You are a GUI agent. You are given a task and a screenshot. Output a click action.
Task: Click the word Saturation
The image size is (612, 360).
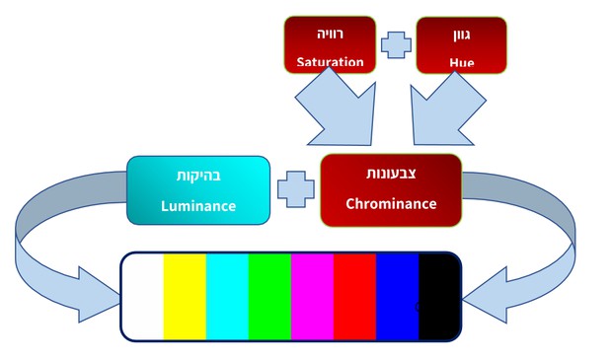click(x=330, y=63)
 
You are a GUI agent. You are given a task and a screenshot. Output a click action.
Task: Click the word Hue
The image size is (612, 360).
click(x=461, y=63)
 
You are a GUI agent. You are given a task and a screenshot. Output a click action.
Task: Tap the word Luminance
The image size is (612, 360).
click(x=198, y=206)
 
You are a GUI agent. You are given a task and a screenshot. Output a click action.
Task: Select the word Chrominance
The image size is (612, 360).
click(x=390, y=204)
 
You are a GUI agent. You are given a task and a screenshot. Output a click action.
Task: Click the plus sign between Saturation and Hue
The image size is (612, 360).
click(x=395, y=44)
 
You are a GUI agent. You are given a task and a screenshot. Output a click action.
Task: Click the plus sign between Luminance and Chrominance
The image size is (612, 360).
click(x=294, y=189)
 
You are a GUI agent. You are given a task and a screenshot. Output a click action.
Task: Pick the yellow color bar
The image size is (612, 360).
click(x=185, y=295)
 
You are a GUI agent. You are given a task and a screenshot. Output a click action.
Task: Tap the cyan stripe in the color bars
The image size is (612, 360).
click(x=227, y=295)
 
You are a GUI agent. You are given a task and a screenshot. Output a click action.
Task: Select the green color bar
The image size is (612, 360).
click(x=269, y=295)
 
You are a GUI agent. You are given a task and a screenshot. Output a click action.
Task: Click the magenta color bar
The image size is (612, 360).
click(x=312, y=295)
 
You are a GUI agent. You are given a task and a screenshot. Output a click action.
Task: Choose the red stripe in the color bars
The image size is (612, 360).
click(x=354, y=295)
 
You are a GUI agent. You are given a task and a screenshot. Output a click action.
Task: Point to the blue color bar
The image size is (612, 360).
click(x=397, y=295)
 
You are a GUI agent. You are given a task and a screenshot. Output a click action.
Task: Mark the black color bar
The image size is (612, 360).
click(x=437, y=295)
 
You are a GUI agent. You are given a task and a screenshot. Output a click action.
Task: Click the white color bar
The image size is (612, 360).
click(x=143, y=295)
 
